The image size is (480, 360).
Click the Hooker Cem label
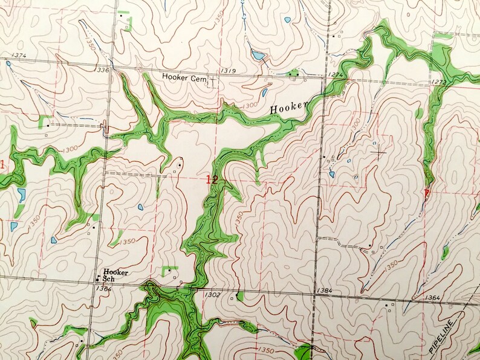pos(184,77)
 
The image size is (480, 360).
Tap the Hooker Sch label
pos(115,275)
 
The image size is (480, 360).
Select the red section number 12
pos(211,179)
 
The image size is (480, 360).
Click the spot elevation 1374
pos(18,56)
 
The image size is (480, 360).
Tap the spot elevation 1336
pos(102,70)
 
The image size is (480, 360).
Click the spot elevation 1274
pos(335,75)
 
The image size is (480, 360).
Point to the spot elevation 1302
pos(212,294)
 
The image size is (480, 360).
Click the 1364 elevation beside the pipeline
pos(432,298)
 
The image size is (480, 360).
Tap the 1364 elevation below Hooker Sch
pos(104,288)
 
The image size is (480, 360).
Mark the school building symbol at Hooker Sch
pos(98,279)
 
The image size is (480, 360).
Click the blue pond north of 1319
pos(258,56)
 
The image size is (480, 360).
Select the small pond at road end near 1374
pos(8,63)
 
